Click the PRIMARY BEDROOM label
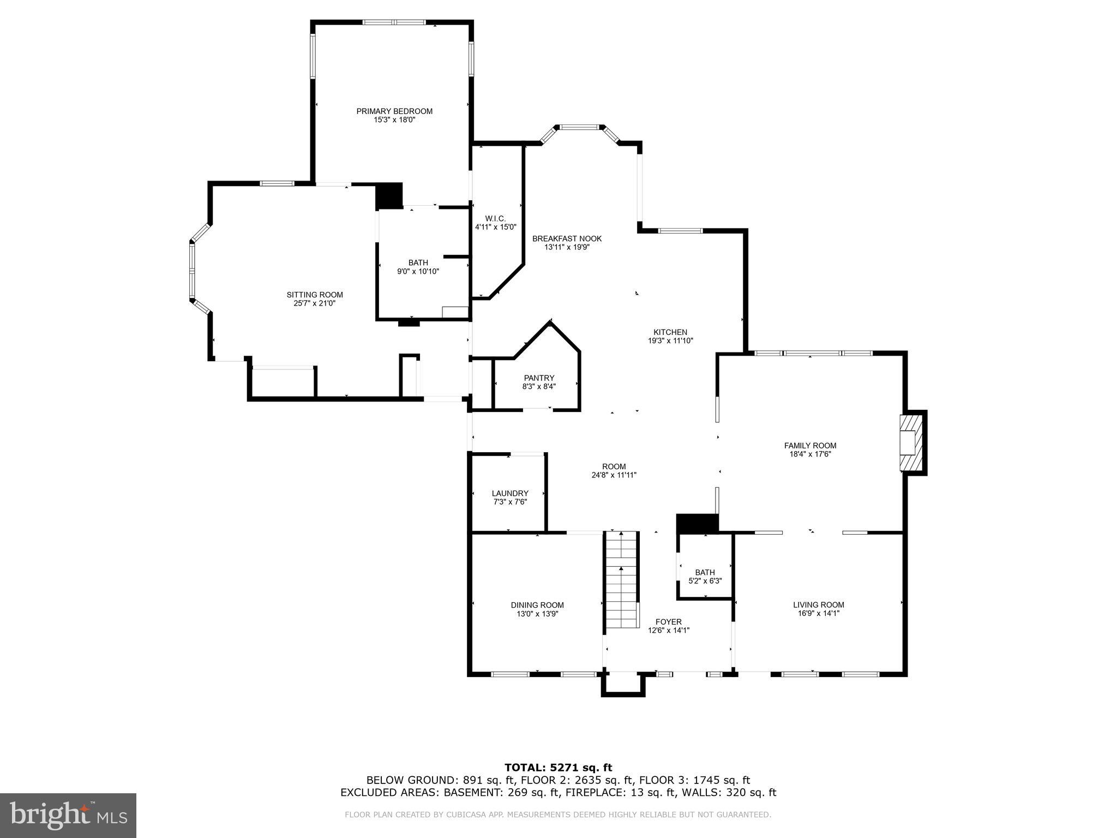pyautogui.click(x=394, y=111)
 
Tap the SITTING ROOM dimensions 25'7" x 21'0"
pyautogui.click(x=315, y=303)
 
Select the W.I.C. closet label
pyautogui.click(x=495, y=218)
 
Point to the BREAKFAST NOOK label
pyautogui.click(x=567, y=238)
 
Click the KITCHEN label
pyautogui.click(x=670, y=332)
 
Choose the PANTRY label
pyautogui.click(x=539, y=378)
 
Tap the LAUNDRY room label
pyautogui.click(x=510, y=493)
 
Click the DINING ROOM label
pyautogui.click(x=537, y=605)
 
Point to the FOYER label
pyautogui.click(x=669, y=622)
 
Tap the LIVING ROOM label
pyautogui.click(x=818, y=604)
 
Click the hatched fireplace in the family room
pyautogui.click(x=912, y=442)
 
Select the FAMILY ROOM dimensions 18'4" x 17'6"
pyautogui.click(x=810, y=454)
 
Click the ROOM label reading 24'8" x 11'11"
pyautogui.click(x=614, y=466)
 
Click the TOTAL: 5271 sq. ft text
pyautogui.click(x=558, y=768)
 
